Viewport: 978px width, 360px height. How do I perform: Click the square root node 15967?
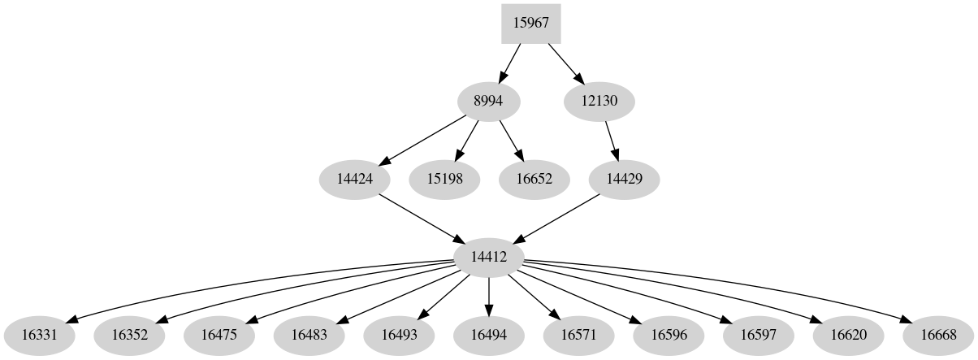pos(531,24)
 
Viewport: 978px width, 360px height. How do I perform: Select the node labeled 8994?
pos(488,102)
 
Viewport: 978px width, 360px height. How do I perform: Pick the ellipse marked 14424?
pos(354,179)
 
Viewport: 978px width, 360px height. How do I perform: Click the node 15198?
pos(444,179)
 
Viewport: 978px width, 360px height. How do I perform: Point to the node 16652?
pos(534,179)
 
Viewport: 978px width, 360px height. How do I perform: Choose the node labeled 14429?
pos(625,179)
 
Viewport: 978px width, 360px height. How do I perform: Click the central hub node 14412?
pos(488,257)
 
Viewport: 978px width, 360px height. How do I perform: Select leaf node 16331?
pos(40,334)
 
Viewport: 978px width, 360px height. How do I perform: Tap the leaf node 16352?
pos(130,334)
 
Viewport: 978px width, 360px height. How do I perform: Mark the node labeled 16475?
pos(219,334)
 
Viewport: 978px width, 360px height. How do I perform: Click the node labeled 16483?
pos(309,334)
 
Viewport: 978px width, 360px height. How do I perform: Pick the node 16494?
pos(488,334)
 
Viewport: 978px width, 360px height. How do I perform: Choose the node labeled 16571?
pos(578,334)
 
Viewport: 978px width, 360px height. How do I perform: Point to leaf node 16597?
pos(757,334)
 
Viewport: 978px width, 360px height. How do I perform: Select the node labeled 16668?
pos(937,334)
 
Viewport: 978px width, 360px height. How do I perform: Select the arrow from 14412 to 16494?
pos(488,295)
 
